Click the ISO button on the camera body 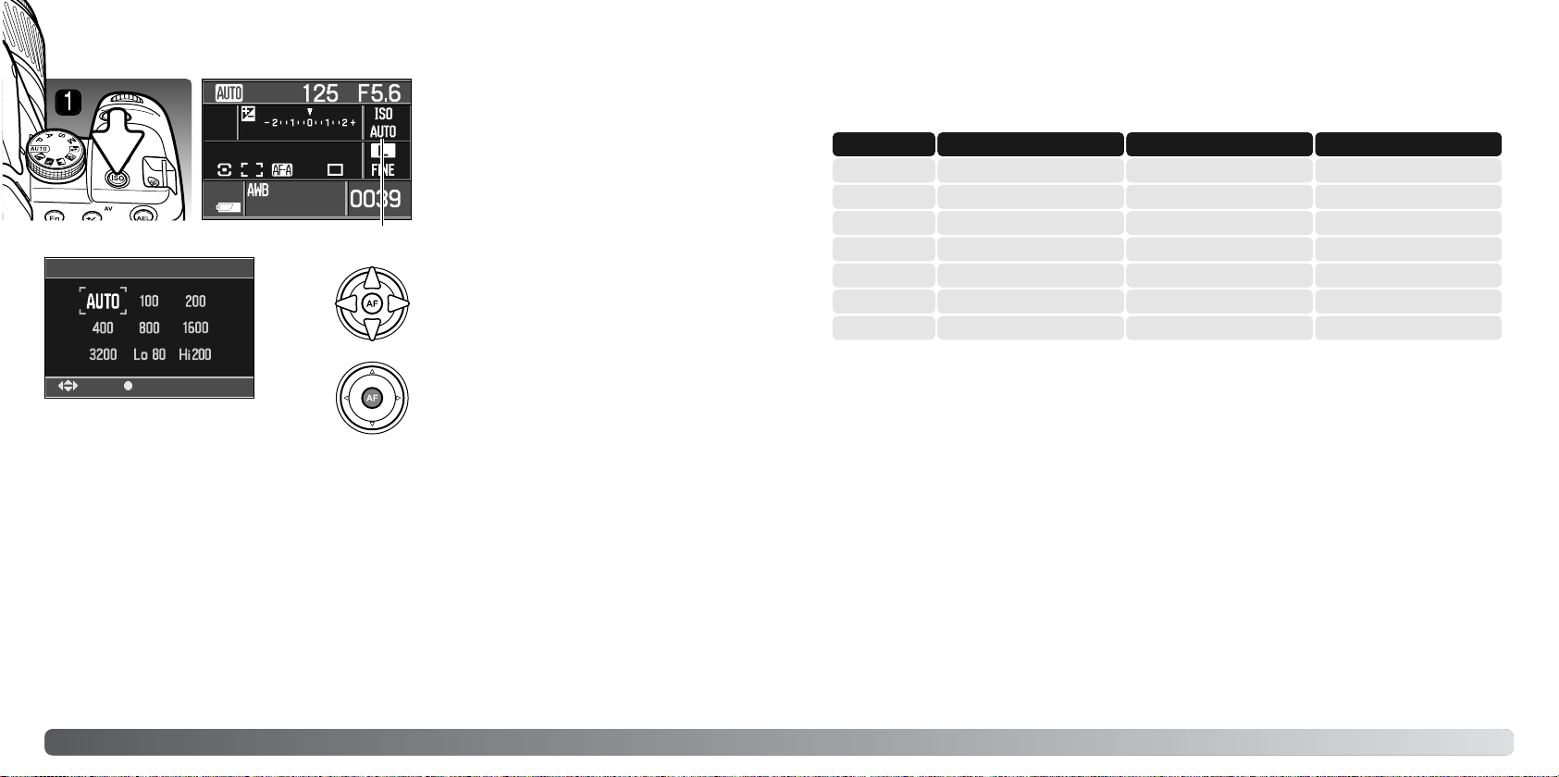118,179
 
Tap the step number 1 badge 68,103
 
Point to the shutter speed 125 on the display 320,93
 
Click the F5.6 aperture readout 379,93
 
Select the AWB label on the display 257,190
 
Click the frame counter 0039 375,199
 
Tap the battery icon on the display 229,206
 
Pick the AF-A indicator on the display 282,169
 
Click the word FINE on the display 383,169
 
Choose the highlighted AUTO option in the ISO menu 103,302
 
